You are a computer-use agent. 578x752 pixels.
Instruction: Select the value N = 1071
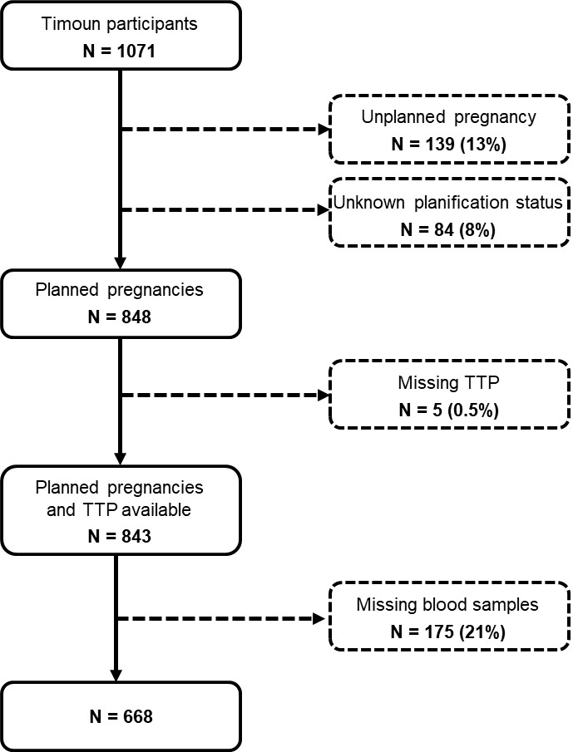pyautogui.click(x=120, y=52)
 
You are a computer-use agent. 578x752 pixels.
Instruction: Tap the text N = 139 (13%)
pyautogui.click(x=449, y=144)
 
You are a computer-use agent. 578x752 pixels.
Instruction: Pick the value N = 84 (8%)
pyautogui.click(x=448, y=229)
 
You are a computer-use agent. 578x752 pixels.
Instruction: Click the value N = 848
pyautogui.click(x=120, y=317)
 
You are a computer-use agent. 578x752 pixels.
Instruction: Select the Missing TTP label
pyautogui.click(x=449, y=383)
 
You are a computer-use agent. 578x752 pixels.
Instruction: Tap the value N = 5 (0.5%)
pyautogui.click(x=449, y=410)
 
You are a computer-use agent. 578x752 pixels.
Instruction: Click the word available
pyautogui.click(x=156, y=509)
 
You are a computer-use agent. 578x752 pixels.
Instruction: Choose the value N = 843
pyautogui.click(x=120, y=536)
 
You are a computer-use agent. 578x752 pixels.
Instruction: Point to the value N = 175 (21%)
pyautogui.click(x=448, y=632)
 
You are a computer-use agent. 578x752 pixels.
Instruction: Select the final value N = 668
pyautogui.click(x=121, y=716)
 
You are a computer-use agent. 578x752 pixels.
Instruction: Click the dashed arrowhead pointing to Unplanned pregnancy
pyautogui.click(x=324, y=129)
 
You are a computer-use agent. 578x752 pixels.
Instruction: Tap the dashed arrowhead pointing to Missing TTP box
pyautogui.click(x=324, y=396)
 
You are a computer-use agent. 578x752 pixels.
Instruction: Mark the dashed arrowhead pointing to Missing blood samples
pyautogui.click(x=319, y=619)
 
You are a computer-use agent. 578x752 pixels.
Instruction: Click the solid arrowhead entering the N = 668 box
pyautogui.click(x=116, y=675)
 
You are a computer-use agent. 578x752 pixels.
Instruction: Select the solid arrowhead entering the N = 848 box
pyautogui.click(x=120, y=263)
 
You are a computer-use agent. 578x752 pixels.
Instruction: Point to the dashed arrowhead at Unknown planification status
pyautogui.click(x=324, y=210)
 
